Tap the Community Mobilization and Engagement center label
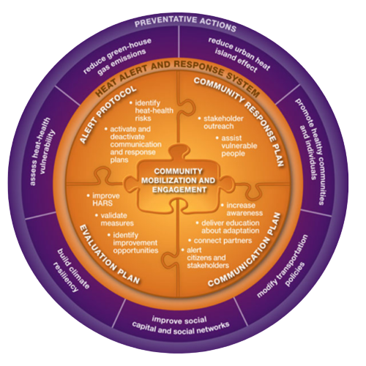(179, 181)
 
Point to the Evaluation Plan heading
(108, 255)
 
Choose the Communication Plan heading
(247, 251)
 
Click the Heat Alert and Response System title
(178, 73)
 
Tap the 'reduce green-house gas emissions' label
(118, 56)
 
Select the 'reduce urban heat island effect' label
(239, 55)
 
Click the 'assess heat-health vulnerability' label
(40, 152)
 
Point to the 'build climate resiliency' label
(71, 270)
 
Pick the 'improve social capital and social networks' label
(180, 325)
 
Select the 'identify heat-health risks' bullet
(152, 111)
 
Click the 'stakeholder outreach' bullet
(221, 122)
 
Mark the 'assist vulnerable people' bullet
(236, 146)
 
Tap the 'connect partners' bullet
(220, 241)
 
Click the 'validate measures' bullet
(115, 220)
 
